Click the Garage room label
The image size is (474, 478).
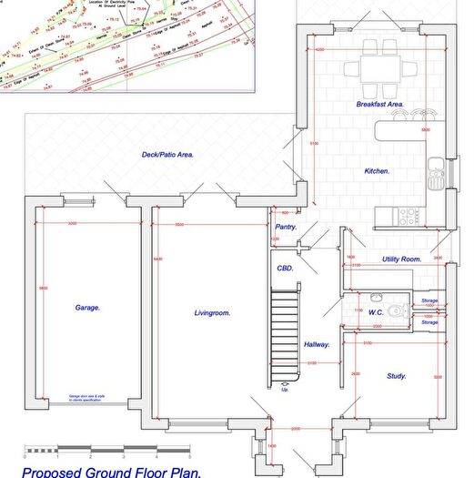[87, 308]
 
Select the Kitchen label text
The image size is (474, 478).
[377, 171]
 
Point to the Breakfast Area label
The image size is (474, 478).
[379, 105]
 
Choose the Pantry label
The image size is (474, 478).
[287, 227]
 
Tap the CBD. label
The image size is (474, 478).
[286, 269]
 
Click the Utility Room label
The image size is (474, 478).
[401, 259]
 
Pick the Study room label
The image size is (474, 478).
[396, 375]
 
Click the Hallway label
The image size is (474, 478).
[317, 345]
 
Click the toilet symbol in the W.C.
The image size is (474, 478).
[395, 311]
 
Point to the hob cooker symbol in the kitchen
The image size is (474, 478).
[408, 216]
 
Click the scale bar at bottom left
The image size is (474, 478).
[105, 450]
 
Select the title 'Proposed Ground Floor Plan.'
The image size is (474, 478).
[111, 471]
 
